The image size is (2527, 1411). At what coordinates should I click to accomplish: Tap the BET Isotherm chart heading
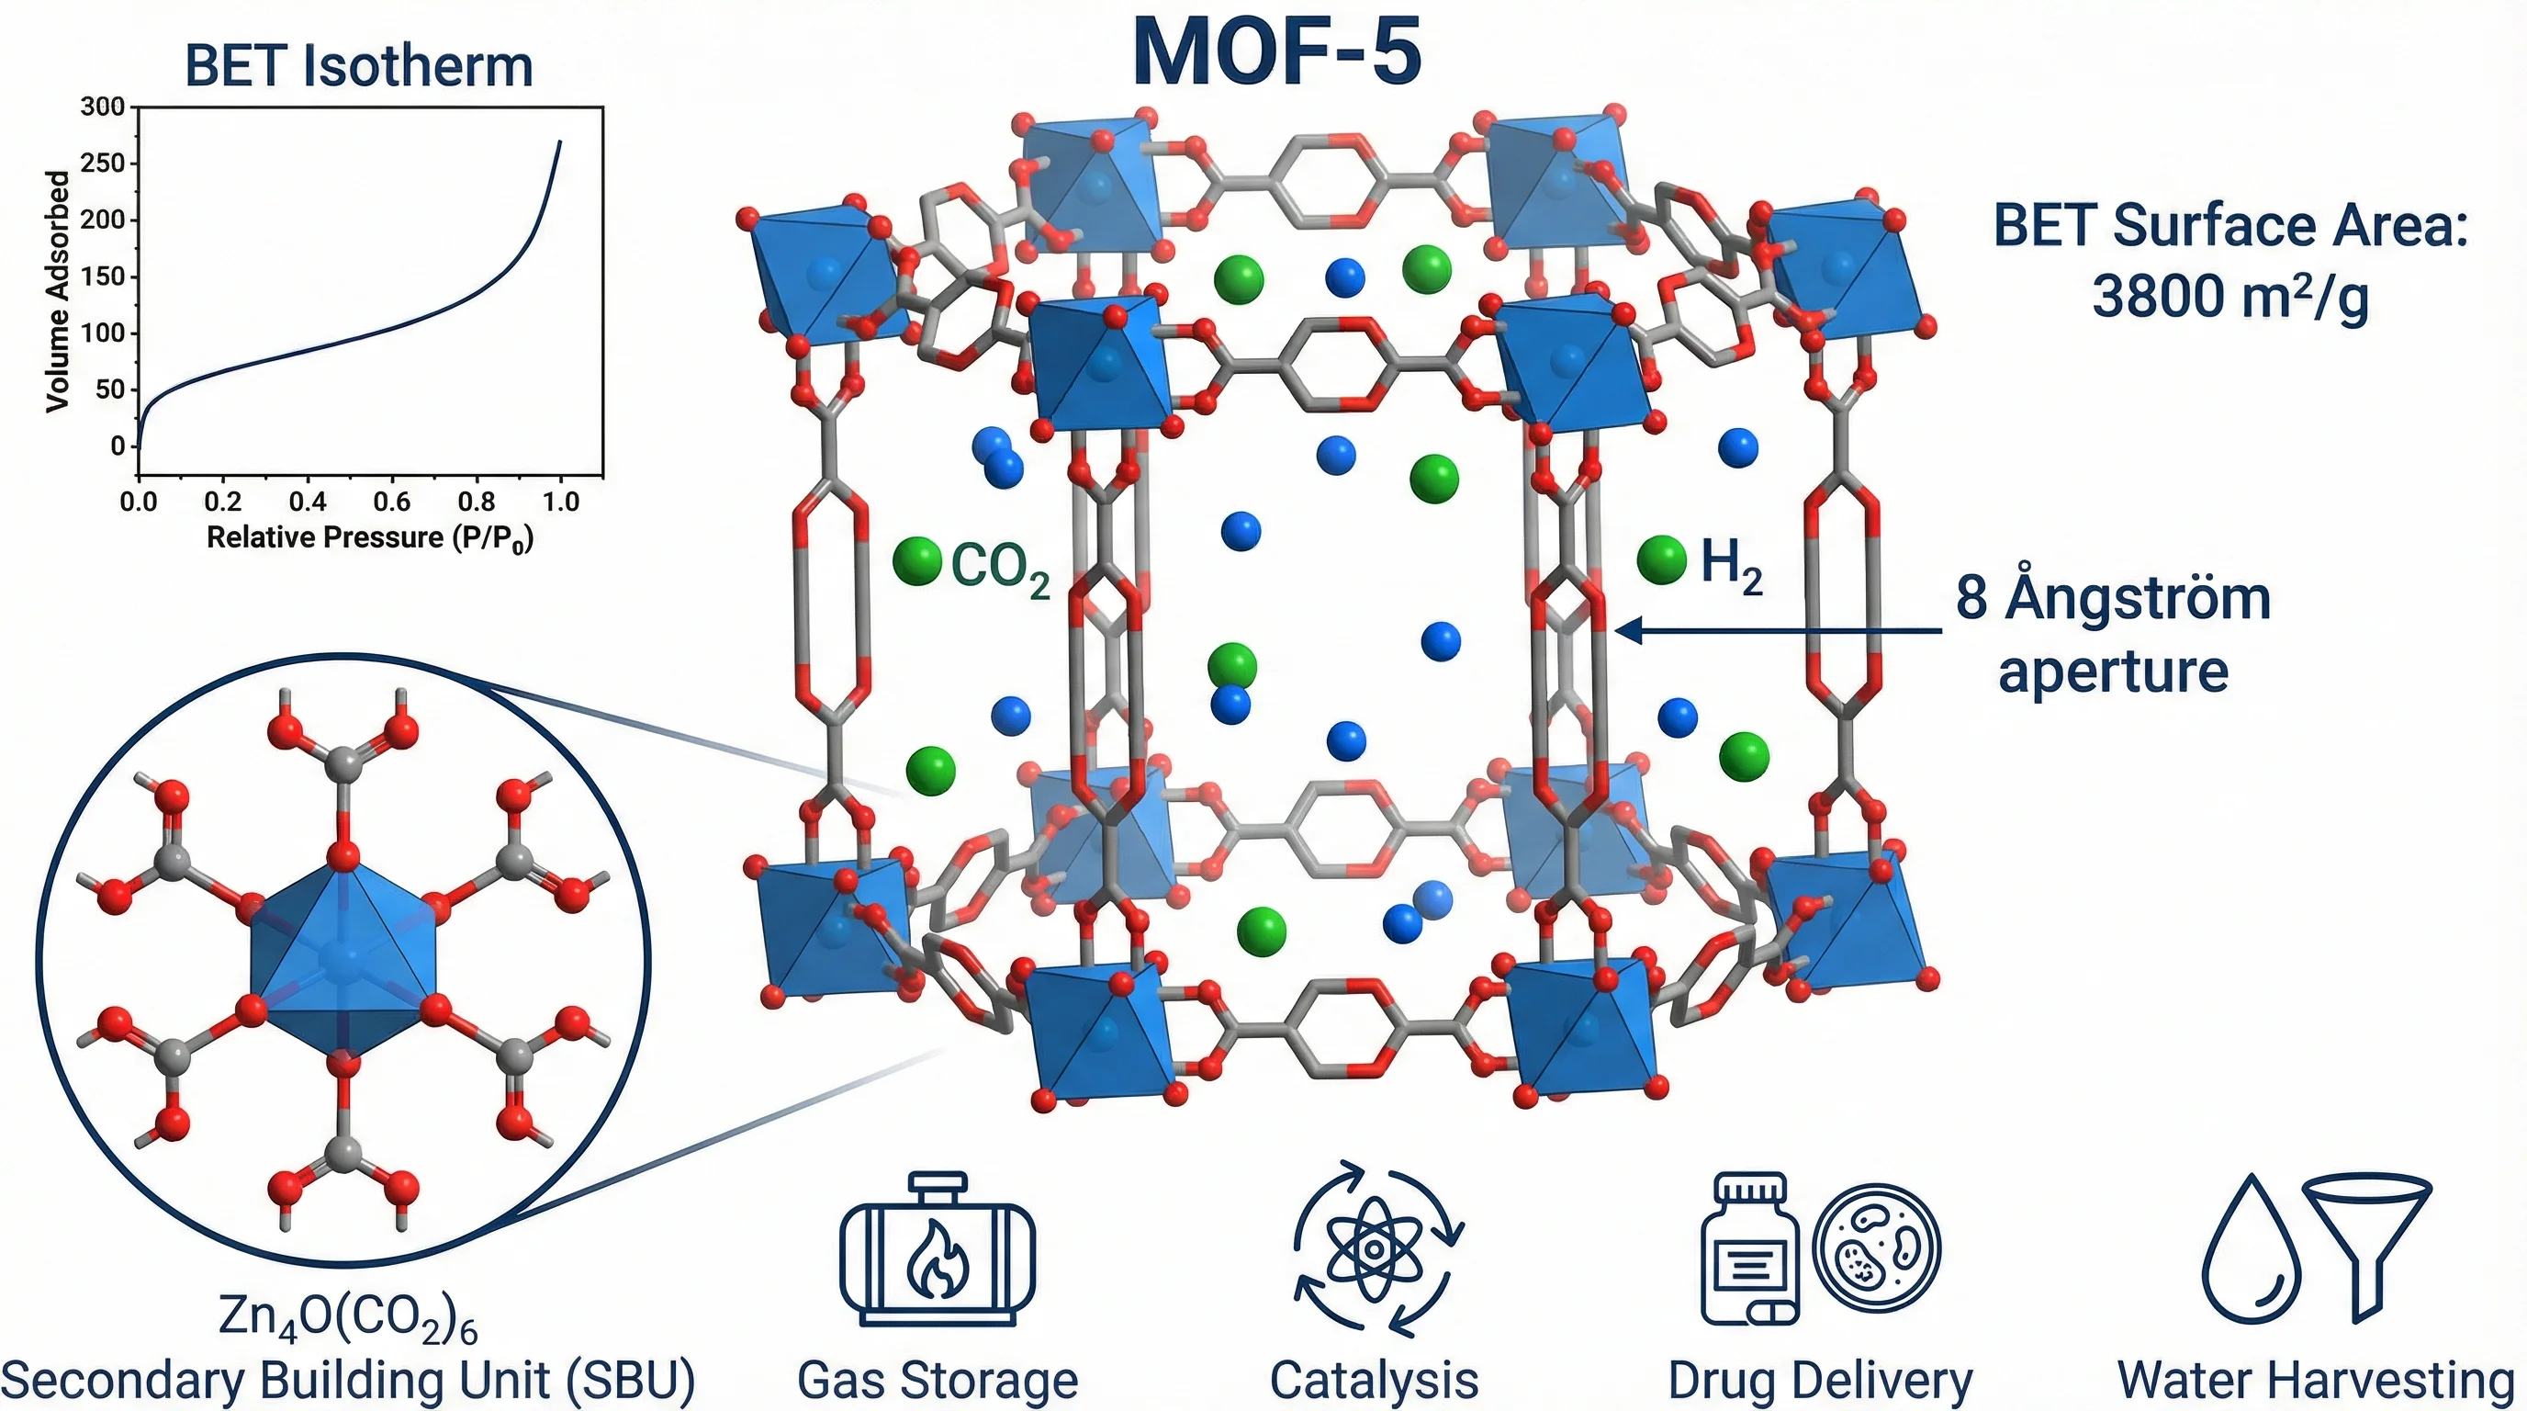359,66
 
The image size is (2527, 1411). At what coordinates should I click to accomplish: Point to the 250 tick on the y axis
102,163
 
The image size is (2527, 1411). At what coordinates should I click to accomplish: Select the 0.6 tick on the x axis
391,502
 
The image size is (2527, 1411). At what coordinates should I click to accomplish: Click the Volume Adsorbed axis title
58,291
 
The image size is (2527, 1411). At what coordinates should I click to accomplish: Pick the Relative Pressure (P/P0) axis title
370,537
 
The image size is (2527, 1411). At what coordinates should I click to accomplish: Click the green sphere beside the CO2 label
917,561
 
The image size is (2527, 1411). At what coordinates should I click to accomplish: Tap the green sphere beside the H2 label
1662,559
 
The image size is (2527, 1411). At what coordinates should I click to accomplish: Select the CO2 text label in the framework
1001,567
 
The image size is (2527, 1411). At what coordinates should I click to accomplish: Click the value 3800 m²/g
2229,296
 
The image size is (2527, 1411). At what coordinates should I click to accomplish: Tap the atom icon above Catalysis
1376,1249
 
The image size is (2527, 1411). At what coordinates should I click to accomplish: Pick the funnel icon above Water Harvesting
2366,1241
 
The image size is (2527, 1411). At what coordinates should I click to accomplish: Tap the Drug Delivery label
1821,1381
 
